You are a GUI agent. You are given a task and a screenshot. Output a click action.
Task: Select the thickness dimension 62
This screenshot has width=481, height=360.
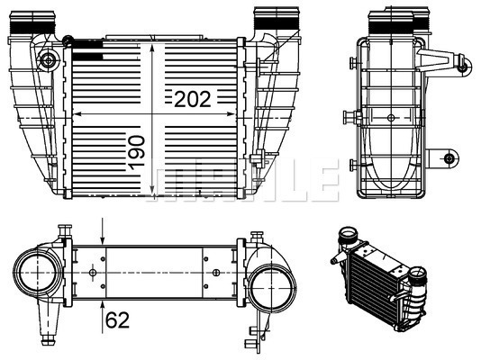(x=116, y=318)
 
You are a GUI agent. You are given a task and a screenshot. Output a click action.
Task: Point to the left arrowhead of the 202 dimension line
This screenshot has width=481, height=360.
(x=74, y=115)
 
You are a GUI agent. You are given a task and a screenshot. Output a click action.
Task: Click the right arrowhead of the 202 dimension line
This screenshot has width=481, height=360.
(x=237, y=115)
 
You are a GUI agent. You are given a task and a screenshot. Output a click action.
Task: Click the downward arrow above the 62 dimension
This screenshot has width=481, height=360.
(x=103, y=235)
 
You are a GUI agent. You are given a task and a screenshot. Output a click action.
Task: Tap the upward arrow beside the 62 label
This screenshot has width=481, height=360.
(x=103, y=304)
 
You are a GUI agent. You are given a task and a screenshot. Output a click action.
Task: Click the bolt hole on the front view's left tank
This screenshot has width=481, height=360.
(x=47, y=61)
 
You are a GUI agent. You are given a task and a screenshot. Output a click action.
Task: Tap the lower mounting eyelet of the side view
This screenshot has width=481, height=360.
(x=449, y=159)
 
